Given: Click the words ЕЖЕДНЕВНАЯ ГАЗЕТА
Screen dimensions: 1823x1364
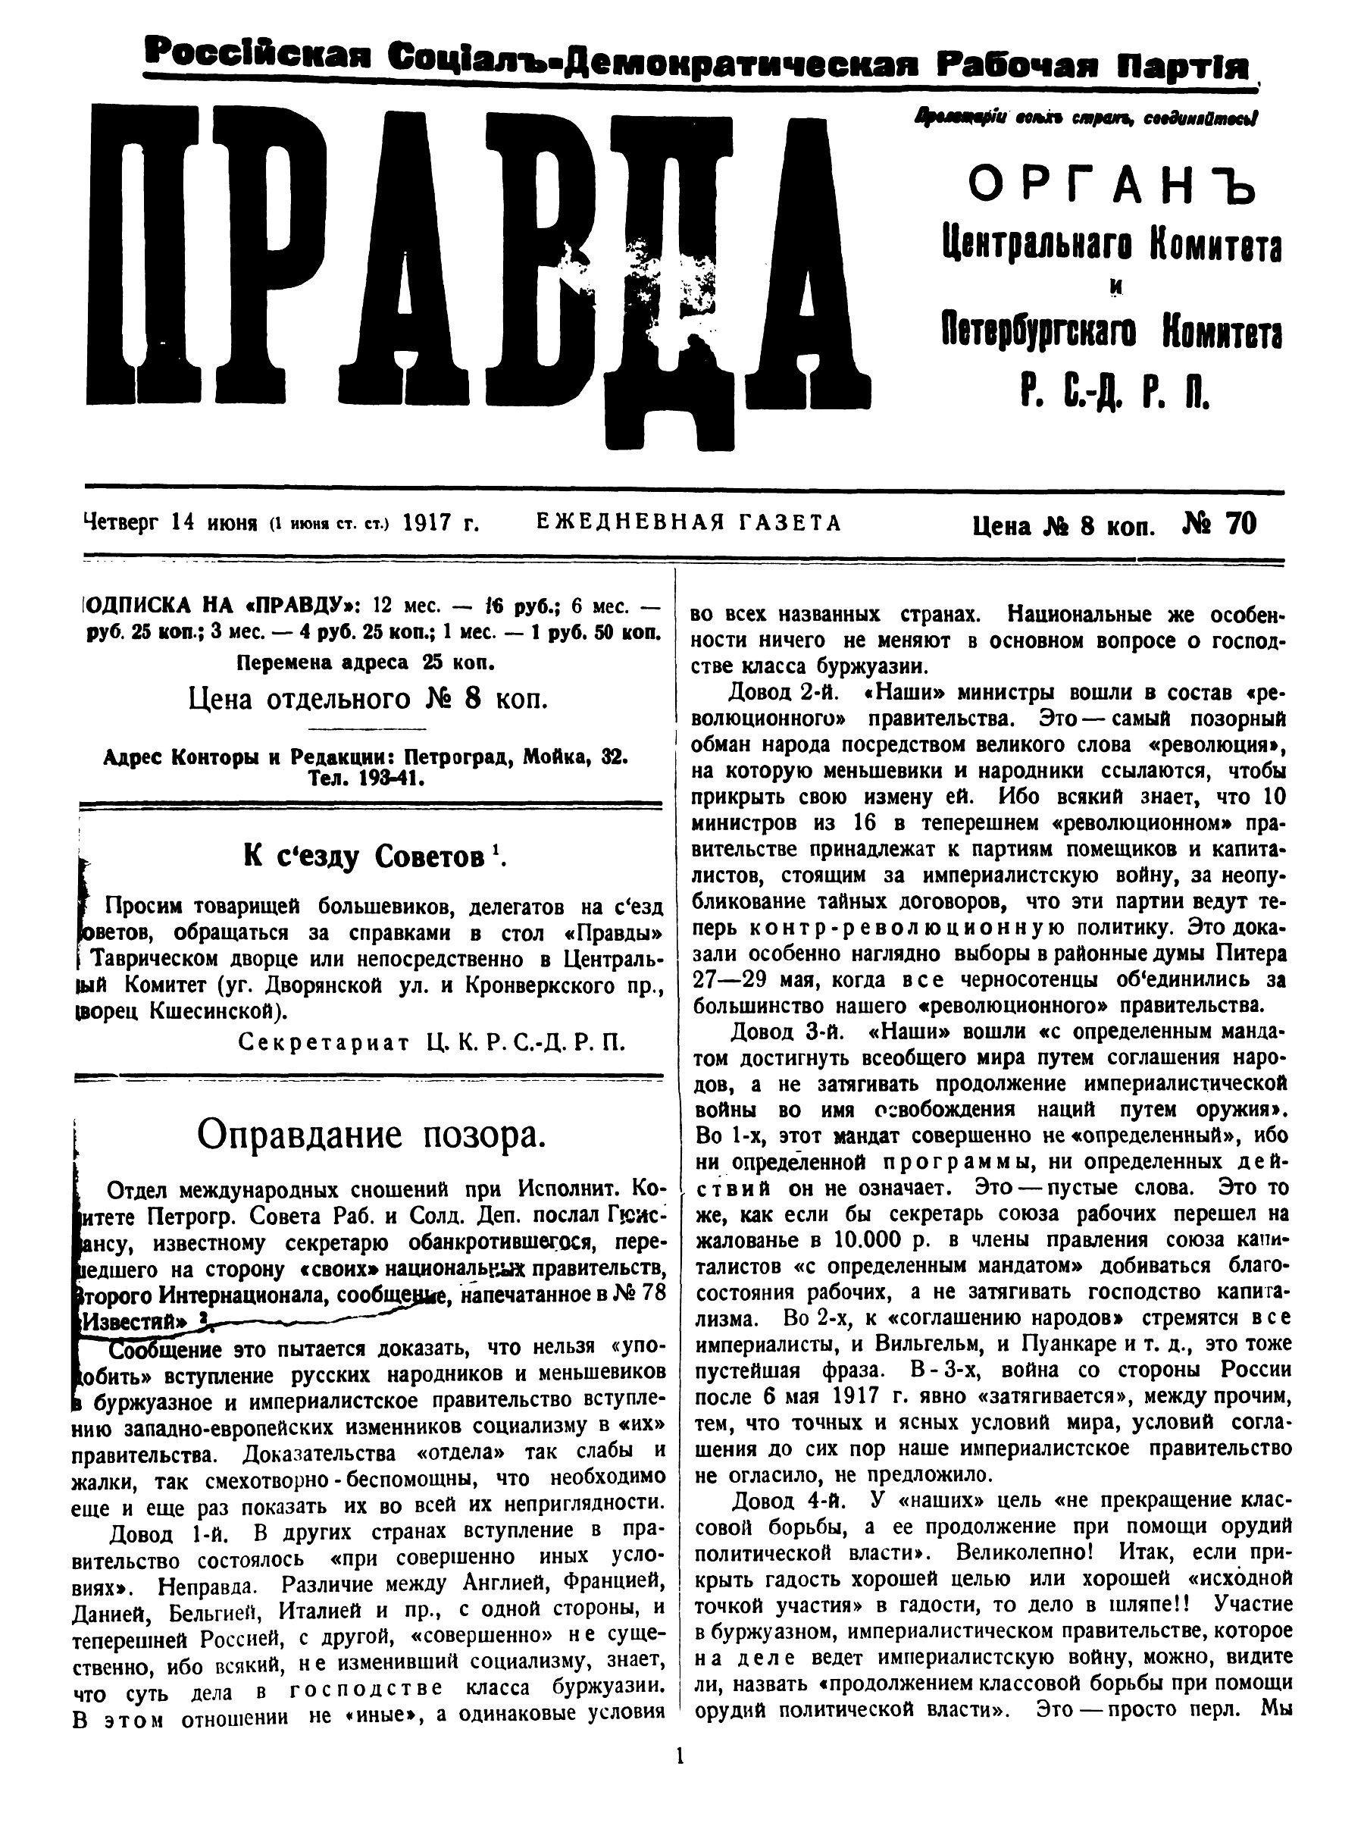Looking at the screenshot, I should pos(689,523).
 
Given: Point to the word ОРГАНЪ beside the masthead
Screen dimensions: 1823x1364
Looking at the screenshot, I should pos(1112,188).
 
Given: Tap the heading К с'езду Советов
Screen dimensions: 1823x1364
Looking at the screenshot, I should pos(372,857).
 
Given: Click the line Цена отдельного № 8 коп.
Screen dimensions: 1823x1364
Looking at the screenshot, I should pos(368,699).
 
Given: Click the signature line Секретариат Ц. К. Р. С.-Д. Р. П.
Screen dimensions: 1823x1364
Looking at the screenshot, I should pos(432,1042).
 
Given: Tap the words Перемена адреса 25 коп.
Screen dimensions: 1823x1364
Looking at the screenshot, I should pos(366,662).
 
